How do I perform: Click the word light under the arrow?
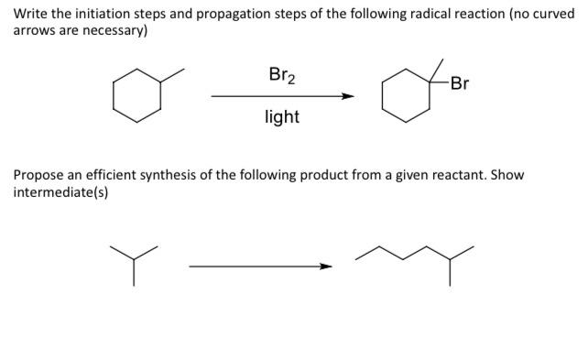pos(282,117)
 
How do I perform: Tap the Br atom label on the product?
pos(460,84)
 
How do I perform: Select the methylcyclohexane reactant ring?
pos(137,95)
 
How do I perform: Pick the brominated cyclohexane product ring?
pos(406,96)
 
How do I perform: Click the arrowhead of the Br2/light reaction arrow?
pos(348,95)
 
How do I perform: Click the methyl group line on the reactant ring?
pos(172,76)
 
